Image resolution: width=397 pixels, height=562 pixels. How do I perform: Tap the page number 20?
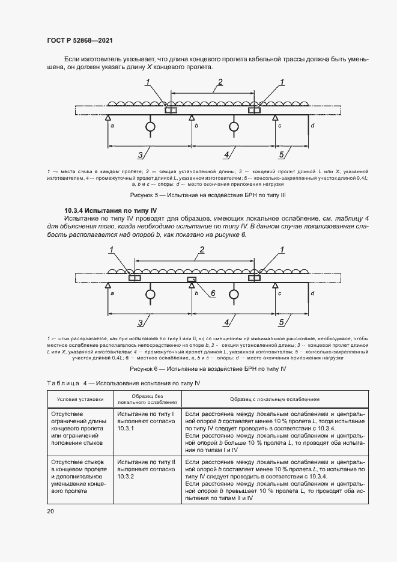coord(50,511)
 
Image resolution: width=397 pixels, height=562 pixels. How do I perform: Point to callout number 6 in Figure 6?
coord(213,293)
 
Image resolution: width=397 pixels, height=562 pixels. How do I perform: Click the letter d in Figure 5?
coord(313,125)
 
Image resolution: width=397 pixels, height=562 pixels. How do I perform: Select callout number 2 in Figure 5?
coord(220,82)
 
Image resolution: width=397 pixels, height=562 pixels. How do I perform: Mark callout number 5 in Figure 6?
coord(282,322)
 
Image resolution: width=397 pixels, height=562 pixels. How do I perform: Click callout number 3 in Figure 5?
coord(140,155)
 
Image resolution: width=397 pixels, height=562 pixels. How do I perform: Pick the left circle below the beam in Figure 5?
coord(150,127)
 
